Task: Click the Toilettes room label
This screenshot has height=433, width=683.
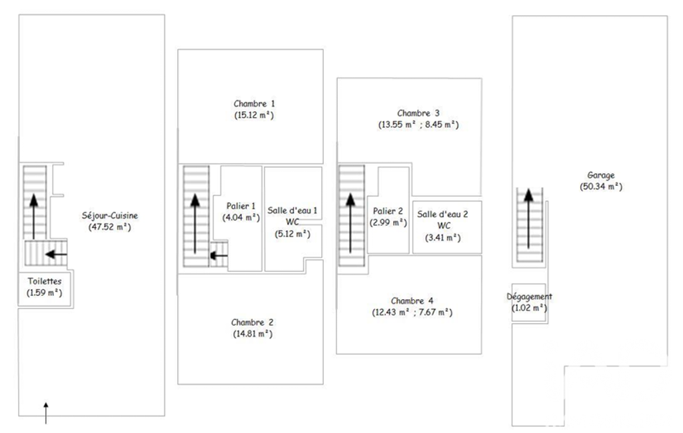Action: (x=45, y=281)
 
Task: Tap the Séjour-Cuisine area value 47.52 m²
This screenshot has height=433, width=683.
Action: (x=110, y=227)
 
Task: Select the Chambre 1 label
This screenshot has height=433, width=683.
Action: (x=254, y=104)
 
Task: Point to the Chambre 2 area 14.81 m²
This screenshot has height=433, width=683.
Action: (x=253, y=334)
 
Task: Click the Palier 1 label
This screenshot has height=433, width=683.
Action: (x=241, y=206)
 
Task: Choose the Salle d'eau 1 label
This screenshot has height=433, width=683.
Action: (x=293, y=211)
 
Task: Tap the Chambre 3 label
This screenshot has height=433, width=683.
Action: (x=418, y=113)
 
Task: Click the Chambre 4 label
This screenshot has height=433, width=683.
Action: (x=412, y=301)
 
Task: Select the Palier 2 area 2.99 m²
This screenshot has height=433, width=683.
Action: (x=388, y=222)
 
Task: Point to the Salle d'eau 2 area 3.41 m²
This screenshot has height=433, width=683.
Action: (x=442, y=238)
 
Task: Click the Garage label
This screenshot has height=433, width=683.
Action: (x=600, y=176)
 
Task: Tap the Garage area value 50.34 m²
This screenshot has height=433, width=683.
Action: (x=600, y=187)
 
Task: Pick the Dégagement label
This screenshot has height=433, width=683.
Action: (x=529, y=296)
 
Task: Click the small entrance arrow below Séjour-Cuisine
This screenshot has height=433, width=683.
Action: (x=46, y=412)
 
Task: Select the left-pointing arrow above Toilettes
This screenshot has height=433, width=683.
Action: (x=56, y=254)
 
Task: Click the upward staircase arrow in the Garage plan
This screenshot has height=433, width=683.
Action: (x=528, y=218)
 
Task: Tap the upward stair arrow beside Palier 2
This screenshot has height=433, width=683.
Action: (x=350, y=223)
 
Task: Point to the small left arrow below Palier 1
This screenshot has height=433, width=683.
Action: (x=219, y=255)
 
